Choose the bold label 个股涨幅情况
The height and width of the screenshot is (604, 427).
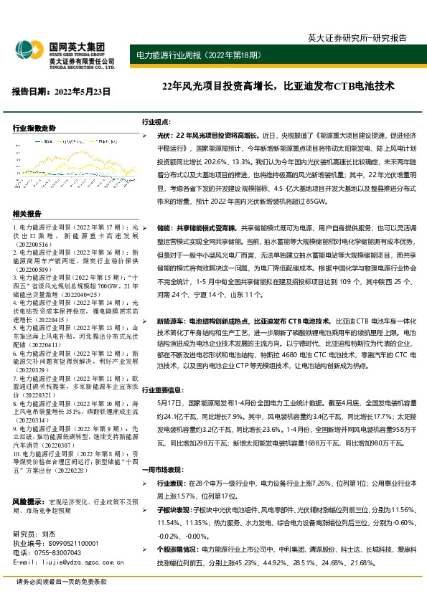coord(179,549)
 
